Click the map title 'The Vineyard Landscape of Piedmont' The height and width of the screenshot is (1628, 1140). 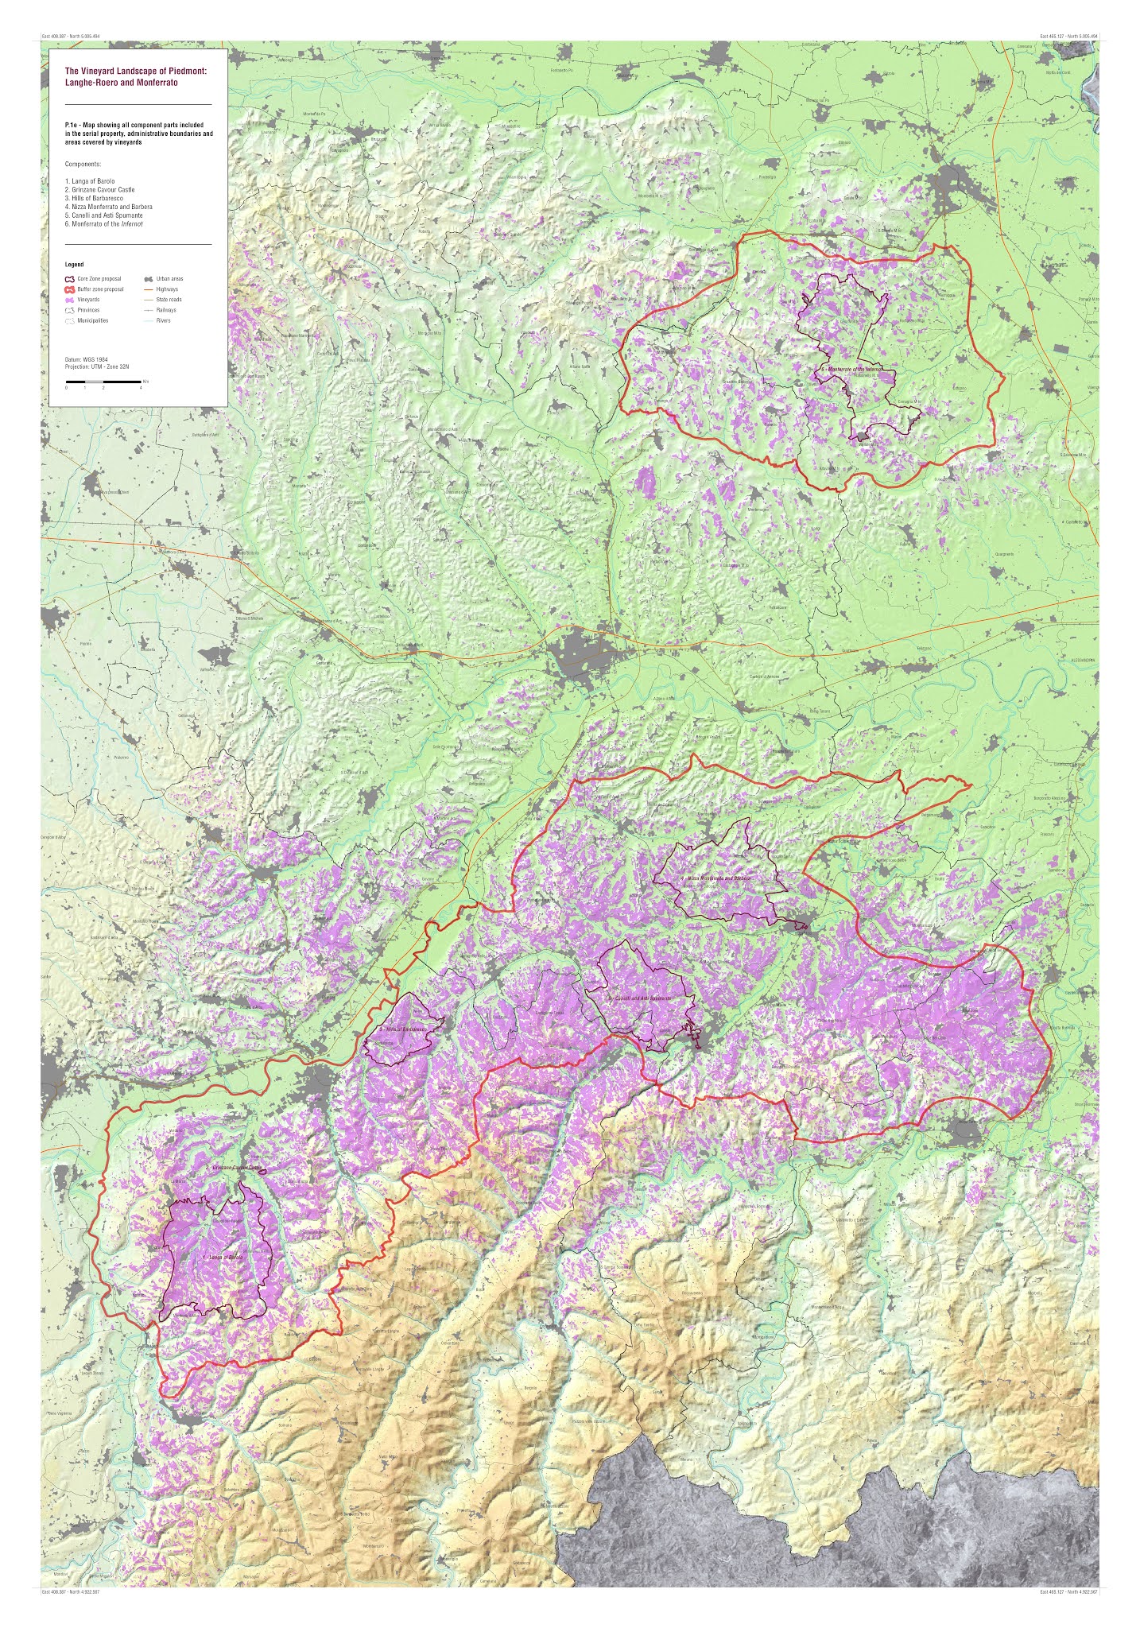click(135, 71)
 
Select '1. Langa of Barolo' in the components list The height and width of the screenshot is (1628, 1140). click(90, 181)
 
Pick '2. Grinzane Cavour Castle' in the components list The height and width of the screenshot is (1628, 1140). click(99, 190)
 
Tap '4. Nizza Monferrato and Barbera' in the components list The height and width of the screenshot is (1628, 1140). click(108, 207)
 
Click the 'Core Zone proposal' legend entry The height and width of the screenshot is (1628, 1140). click(99, 279)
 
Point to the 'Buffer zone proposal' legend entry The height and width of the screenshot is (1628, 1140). click(100, 289)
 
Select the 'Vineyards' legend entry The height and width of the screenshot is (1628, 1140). click(88, 300)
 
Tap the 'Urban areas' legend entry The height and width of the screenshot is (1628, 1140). click(169, 279)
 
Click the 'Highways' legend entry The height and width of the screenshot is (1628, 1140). click(167, 289)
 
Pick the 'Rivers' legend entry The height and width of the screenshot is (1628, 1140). click(163, 320)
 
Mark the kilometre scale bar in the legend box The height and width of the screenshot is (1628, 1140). click(103, 382)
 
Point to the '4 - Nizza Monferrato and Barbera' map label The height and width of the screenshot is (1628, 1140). click(715, 878)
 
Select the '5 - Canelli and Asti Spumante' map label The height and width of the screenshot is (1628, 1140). click(640, 998)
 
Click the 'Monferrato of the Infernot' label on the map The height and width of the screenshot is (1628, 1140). click(851, 370)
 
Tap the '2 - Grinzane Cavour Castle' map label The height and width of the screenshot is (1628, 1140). click(234, 1168)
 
